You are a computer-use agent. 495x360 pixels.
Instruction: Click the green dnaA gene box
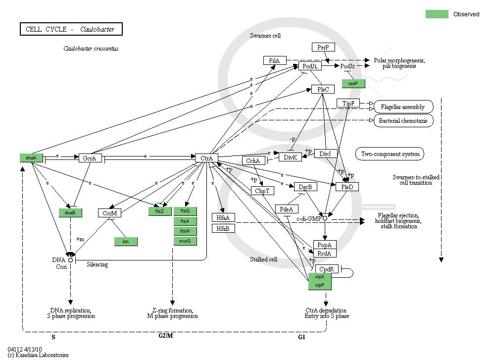click(x=32, y=158)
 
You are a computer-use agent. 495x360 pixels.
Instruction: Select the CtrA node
click(x=206, y=158)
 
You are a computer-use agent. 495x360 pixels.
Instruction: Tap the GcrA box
click(x=90, y=158)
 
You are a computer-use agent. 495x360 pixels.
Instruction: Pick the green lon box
click(x=125, y=242)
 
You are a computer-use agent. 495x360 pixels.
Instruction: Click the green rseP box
click(x=353, y=84)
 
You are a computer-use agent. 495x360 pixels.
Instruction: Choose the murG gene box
click(x=185, y=241)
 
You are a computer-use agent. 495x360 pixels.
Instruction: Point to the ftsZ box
click(x=159, y=211)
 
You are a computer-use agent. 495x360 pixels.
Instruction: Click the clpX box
click(x=320, y=277)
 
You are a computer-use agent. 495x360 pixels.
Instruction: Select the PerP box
click(x=323, y=47)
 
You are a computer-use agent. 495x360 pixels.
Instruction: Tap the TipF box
click(x=348, y=103)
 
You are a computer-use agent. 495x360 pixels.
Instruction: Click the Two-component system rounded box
click(x=390, y=154)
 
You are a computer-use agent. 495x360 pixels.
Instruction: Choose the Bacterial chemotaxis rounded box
click(x=403, y=120)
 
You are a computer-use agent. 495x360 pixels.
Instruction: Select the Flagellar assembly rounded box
click(x=403, y=107)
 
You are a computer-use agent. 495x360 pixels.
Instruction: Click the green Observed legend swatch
click(x=437, y=14)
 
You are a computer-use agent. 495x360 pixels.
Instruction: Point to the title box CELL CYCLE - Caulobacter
click(x=71, y=29)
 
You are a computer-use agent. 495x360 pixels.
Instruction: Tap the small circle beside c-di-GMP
click(x=325, y=218)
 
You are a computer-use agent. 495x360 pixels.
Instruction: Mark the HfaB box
click(x=223, y=228)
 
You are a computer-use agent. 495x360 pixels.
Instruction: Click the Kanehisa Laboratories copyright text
click(x=38, y=355)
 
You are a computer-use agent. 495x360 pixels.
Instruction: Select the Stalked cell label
click(x=263, y=259)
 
